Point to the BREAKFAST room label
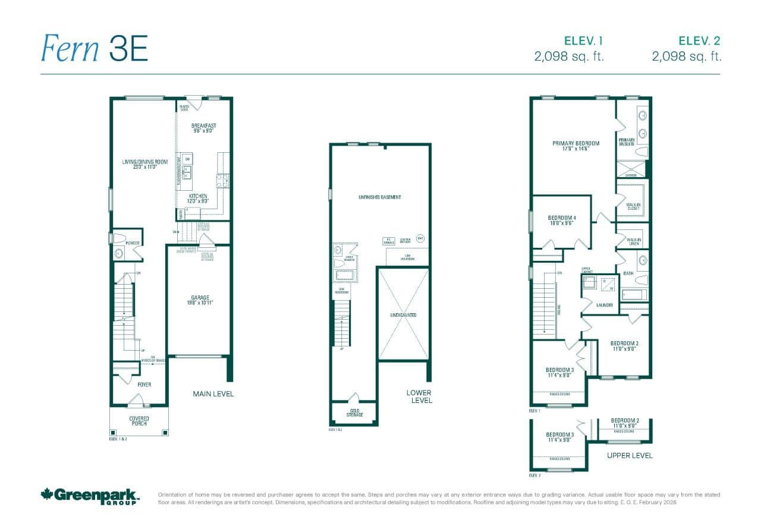click(203, 128)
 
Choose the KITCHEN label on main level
click(198, 198)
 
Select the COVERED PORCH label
click(139, 421)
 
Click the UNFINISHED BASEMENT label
click(379, 197)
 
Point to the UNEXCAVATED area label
click(404, 314)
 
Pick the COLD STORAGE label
click(354, 411)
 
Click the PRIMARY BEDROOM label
click(575, 146)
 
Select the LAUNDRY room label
click(604, 305)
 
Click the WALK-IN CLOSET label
click(633, 206)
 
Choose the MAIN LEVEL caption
click(213, 393)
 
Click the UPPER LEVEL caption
click(630, 455)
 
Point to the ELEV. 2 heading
click(700, 41)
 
